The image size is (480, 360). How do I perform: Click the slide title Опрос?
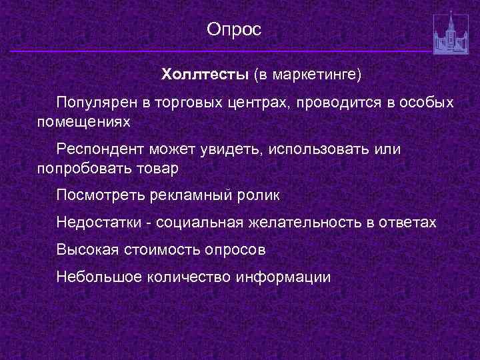click(234, 29)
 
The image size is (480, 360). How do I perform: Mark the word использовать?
click(323, 149)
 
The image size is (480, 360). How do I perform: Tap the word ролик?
click(259, 196)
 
